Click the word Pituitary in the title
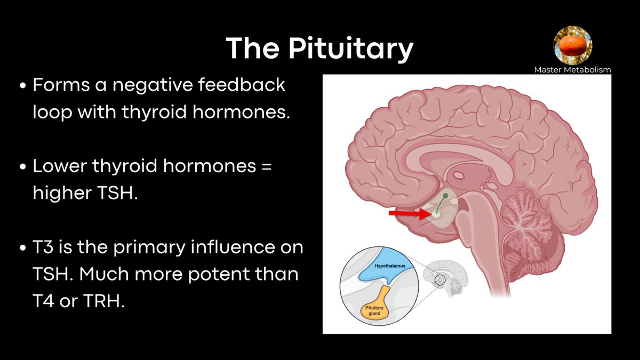tap(351, 49)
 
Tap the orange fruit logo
tap(573, 45)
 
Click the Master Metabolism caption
tap(573, 70)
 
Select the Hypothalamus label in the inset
tap(390, 266)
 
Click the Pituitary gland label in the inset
tap(374, 310)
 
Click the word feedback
tap(242, 85)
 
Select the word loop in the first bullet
tap(52, 111)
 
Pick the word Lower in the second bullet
tap(59, 166)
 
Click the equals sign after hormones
tap(266, 166)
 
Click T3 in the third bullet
tap(43, 247)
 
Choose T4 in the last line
tap(43, 301)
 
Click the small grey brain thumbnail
tap(445, 278)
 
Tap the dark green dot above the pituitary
tap(445, 196)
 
